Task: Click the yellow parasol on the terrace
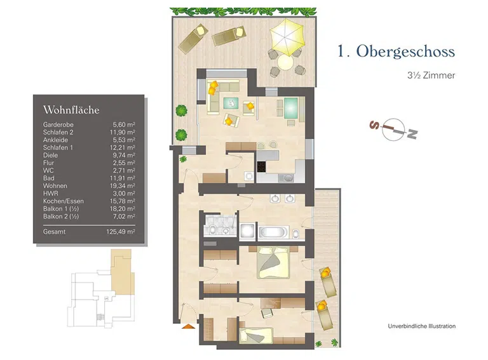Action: coord(287,37)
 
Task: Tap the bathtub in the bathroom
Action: coord(273,232)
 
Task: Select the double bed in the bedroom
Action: coord(274,262)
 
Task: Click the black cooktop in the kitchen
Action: coord(261,167)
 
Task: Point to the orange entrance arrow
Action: coord(188,326)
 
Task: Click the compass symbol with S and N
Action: coord(393,130)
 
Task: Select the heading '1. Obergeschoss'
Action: coord(396,51)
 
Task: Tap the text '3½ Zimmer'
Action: coord(431,75)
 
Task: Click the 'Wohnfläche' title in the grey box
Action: coord(71,110)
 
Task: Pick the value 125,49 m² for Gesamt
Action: coord(121,232)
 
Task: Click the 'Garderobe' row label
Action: coord(58,124)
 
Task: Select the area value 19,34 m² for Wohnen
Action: coord(122,186)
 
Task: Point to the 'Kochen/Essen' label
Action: coord(64,201)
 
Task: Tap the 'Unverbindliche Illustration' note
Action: coord(422,326)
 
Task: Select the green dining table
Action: coord(291,107)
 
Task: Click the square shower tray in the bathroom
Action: coord(248,231)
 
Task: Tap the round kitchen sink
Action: coord(288,178)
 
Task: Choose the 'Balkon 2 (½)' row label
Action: coord(61,217)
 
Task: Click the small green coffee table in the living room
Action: coord(231,103)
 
